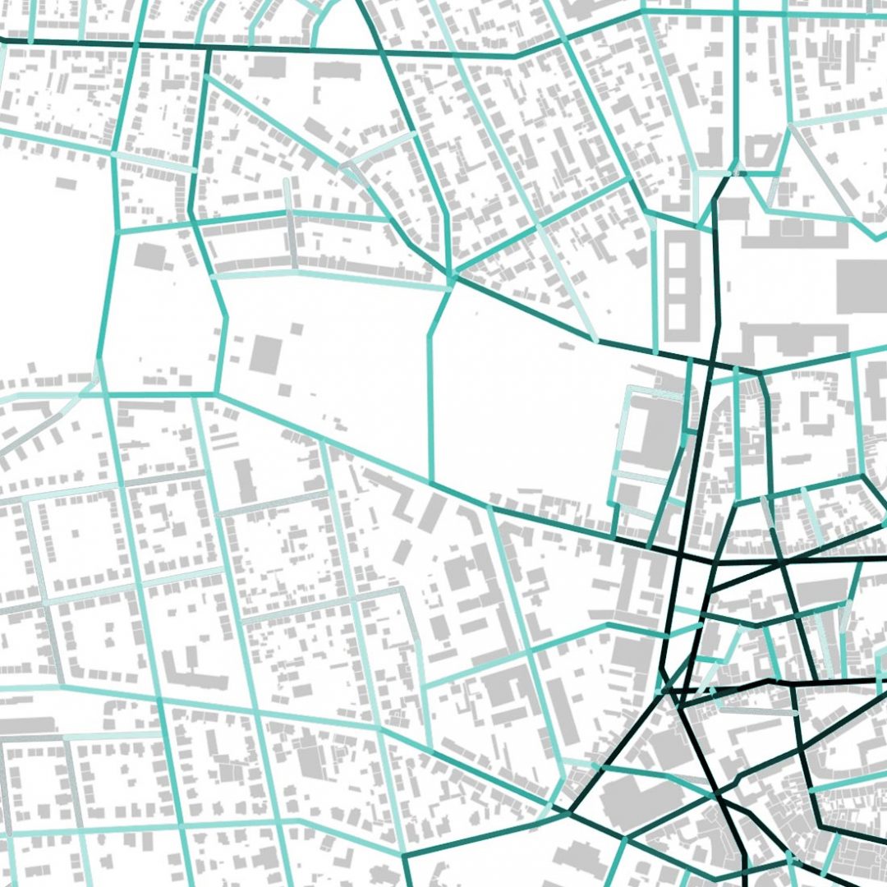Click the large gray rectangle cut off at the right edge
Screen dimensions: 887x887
(x=862, y=286)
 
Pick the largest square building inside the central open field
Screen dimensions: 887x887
(x=265, y=353)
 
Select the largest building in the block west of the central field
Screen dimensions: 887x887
(x=150, y=256)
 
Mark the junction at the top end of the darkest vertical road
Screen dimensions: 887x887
(x=728, y=175)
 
